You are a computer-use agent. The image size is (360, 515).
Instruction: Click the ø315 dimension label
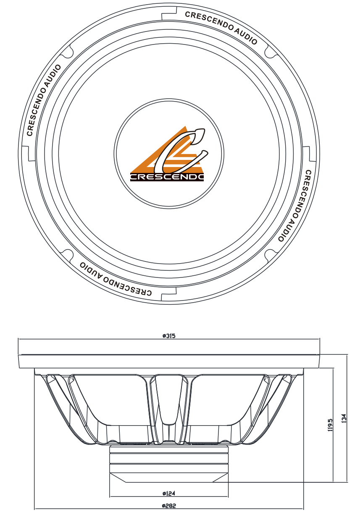coord(168,336)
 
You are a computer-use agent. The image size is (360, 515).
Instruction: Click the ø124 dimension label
coord(168,493)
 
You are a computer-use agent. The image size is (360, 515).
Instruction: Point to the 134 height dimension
coord(344,418)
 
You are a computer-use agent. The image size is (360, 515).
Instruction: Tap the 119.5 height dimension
coord(330,424)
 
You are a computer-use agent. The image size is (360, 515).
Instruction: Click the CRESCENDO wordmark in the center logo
coord(167,177)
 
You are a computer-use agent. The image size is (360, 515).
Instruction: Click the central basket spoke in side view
coord(169,407)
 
